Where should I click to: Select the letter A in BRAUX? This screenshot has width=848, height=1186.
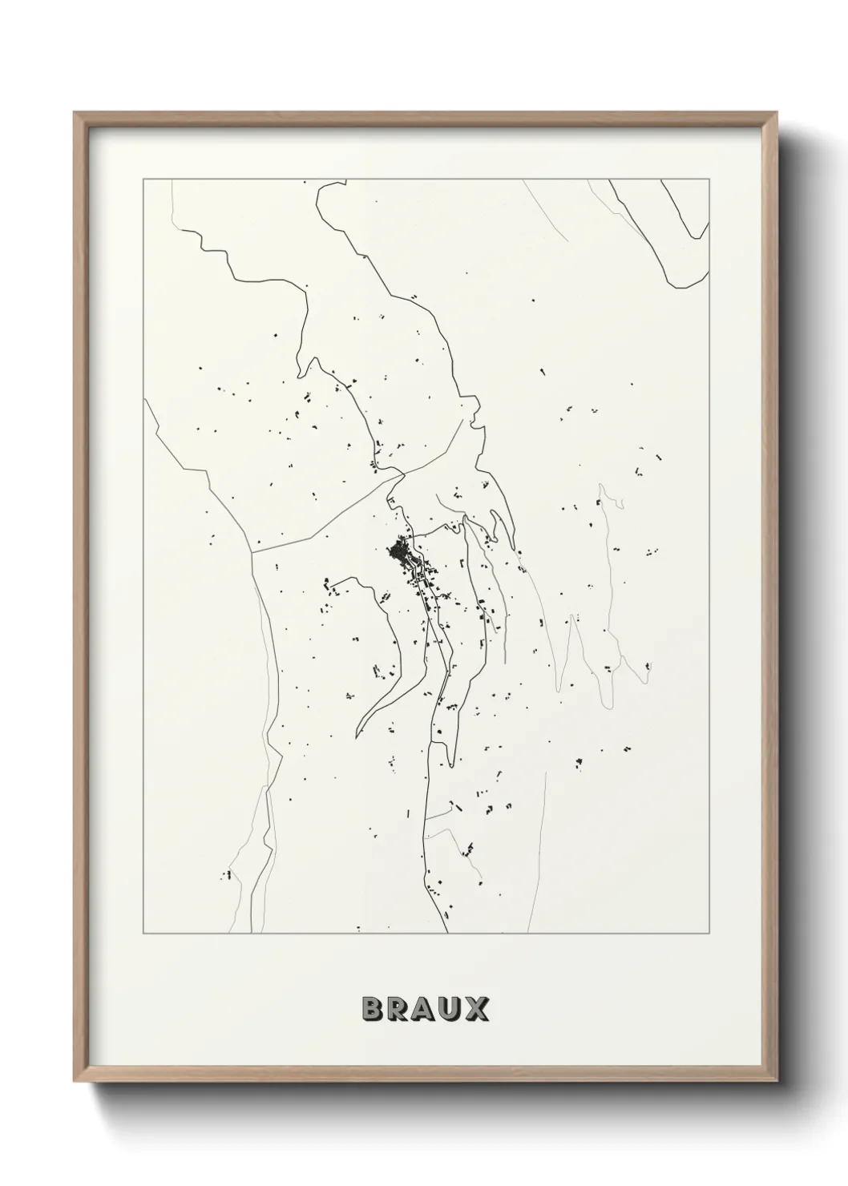tap(426, 1009)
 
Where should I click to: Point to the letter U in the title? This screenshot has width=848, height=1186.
tap(451, 1009)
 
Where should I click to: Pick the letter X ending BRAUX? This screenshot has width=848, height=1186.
tap(477, 1009)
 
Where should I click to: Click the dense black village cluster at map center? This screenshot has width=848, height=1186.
tap(398, 552)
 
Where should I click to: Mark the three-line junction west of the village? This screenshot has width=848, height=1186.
tap(253, 552)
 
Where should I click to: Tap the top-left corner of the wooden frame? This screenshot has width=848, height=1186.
tap(75, 113)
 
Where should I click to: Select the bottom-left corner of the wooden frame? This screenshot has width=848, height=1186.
tap(75, 1083)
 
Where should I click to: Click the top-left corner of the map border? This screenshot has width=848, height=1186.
tap(143, 180)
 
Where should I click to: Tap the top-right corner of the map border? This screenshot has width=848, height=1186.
tap(709, 180)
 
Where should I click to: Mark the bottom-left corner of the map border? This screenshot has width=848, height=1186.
tap(143, 934)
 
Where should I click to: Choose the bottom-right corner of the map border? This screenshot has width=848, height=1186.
tap(709, 934)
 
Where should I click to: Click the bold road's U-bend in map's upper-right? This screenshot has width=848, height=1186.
tap(678, 284)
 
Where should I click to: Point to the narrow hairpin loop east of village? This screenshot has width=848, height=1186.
tap(571, 625)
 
